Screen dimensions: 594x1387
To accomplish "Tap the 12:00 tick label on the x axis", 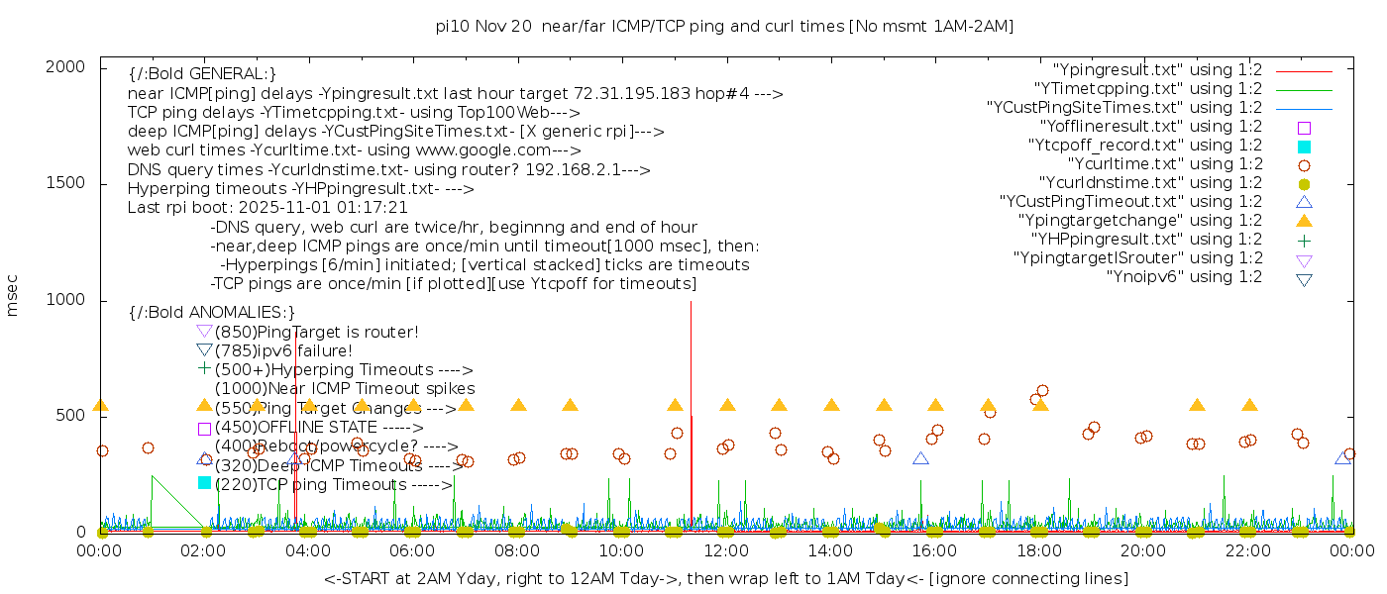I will pyautogui.click(x=727, y=550).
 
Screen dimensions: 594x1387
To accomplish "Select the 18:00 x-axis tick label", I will pyautogui.click(x=1040, y=550).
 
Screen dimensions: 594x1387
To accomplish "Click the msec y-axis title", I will pyautogui.click(x=13, y=297).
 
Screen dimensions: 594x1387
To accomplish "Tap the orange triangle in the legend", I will pyautogui.click(x=1304, y=221).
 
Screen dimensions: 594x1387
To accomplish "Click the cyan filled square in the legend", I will pyautogui.click(x=1304, y=146).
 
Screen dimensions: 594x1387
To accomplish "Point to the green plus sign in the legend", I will pyautogui.click(x=1304, y=240).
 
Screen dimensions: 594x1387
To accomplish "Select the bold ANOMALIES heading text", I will pyautogui.click(x=212, y=313).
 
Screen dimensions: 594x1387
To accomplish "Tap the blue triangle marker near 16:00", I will pyautogui.click(x=920, y=458).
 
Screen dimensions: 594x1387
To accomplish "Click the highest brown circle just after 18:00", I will pyautogui.click(x=1042, y=391).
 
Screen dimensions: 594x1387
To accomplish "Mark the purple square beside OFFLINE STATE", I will pyautogui.click(x=205, y=429).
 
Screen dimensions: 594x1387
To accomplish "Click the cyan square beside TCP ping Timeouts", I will pyautogui.click(x=205, y=483).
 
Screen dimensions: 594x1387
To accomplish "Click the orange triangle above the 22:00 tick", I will pyautogui.click(x=1249, y=405).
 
